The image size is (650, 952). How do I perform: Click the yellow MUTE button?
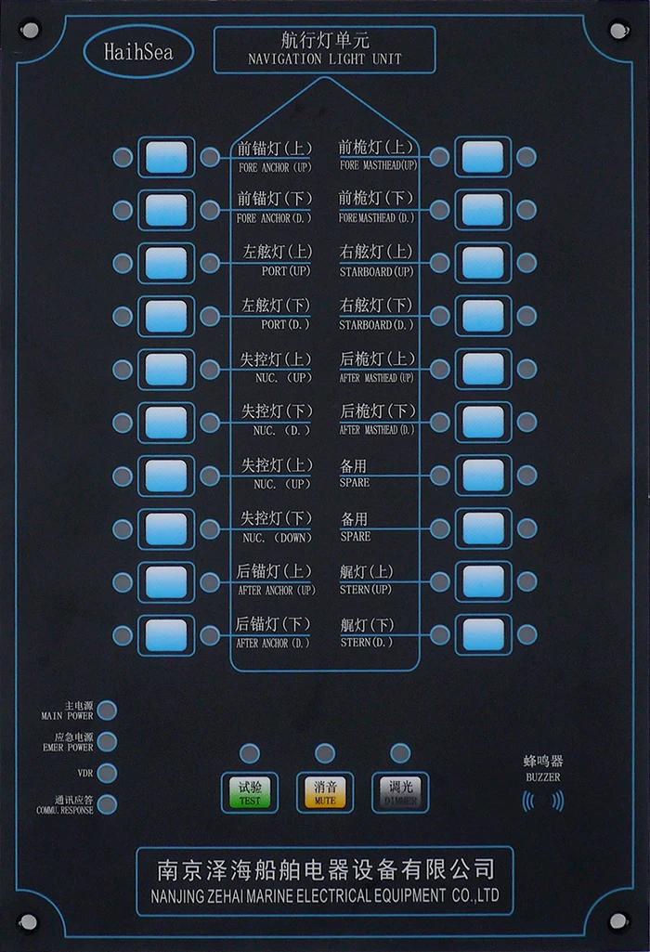pos(325,791)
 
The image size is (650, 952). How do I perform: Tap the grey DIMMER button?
pos(400,791)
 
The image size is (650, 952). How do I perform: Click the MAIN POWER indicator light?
pos(108,711)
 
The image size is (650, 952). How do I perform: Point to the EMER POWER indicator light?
pos(108,742)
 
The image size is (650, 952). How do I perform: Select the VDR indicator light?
pos(108,773)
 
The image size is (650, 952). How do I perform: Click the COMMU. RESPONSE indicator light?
pos(108,804)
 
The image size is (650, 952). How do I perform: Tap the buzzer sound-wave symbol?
pos(543,801)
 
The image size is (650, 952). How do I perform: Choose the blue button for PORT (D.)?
pos(166,317)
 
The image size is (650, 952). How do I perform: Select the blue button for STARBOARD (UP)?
pos(483,263)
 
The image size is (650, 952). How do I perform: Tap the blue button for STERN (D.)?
pos(483,635)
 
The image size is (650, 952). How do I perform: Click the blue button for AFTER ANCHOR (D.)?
pos(166,635)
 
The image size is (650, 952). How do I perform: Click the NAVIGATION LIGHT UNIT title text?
pos(325,59)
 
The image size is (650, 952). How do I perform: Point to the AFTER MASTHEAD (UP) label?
pos(377,378)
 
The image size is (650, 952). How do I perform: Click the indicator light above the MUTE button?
pos(325,753)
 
